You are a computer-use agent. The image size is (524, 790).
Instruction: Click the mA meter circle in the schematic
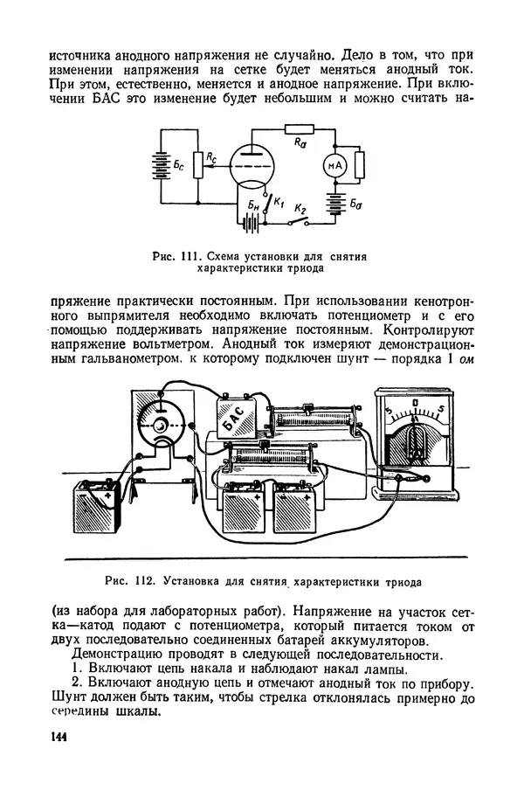click(333, 165)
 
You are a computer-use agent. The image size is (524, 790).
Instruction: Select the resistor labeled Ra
click(299, 129)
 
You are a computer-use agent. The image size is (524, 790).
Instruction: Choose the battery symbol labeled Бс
click(159, 165)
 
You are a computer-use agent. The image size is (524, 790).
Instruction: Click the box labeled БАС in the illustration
click(234, 419)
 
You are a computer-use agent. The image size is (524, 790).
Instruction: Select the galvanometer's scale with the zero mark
click(416, 411)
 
